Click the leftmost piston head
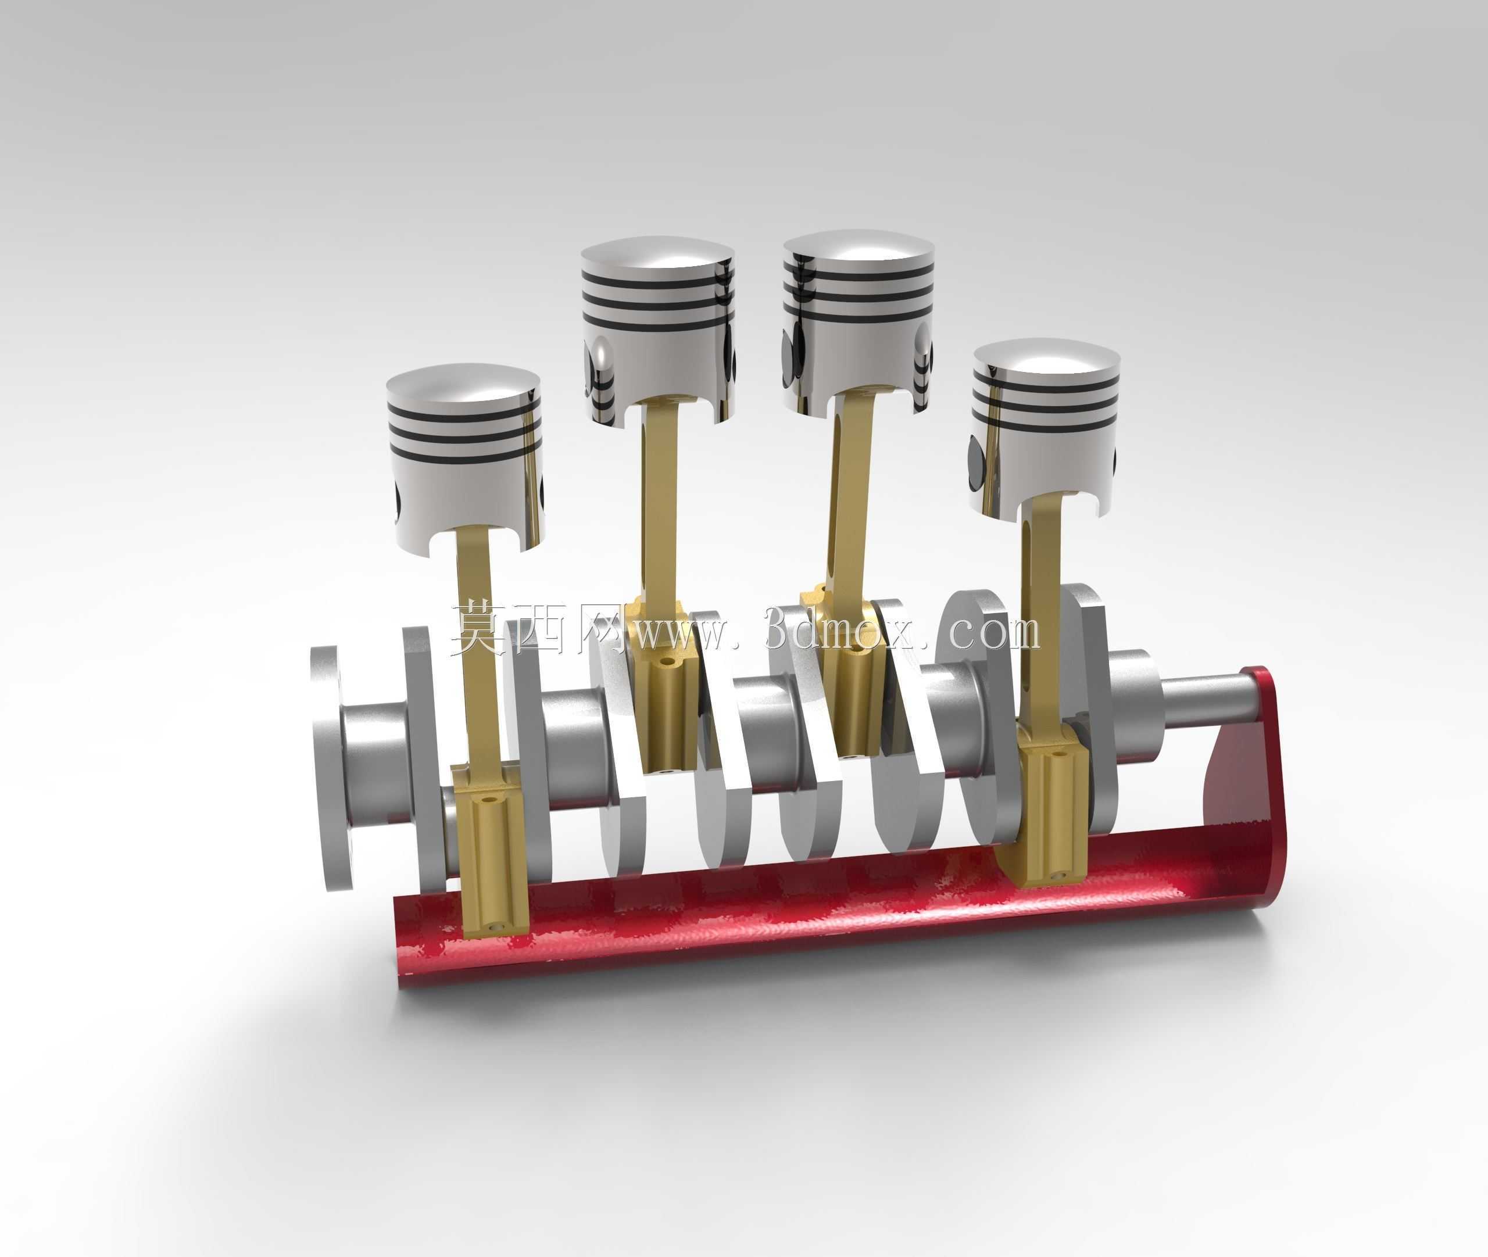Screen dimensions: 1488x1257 464,456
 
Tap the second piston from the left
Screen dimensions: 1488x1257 657,331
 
